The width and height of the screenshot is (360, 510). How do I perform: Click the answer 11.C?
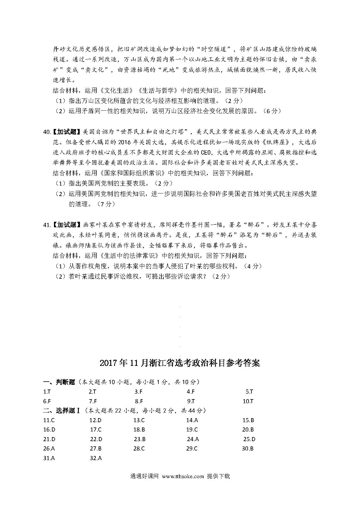[x=49, y=420]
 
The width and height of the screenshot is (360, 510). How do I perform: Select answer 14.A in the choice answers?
[x=192, y=420]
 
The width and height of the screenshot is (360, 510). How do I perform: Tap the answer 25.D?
[x=249, y=439]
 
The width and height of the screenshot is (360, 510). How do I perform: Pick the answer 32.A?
[x=96, y=458]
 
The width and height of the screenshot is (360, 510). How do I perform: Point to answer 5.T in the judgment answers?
[x=249, y=392]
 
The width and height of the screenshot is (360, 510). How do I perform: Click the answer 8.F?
[x=139, y=401]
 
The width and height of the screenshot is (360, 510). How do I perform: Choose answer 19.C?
[x=192, y=429]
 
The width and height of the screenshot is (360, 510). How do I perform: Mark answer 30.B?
[x=248, y=448]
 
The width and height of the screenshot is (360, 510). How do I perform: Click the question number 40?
[x=47, y=132]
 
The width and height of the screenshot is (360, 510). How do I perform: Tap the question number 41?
[x=47, y=225]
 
